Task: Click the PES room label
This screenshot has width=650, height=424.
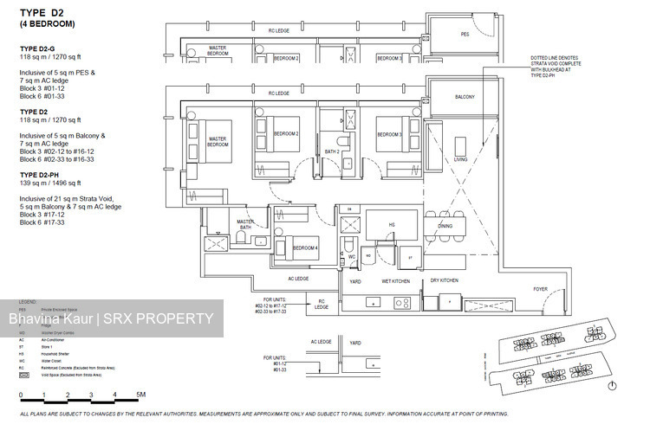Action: pyautogui.click(x=465, y=35)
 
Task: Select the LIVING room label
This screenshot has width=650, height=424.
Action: pyautogui.click(x=460, y=160)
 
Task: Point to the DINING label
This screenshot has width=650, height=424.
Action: pyautogui.click(x=445, y=226)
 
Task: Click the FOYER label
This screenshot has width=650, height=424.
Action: pyautogui.click(x=540, y=291)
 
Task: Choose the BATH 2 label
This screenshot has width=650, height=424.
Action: pyautogui.click(x=331, y=151)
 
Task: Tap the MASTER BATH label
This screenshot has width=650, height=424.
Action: pyautogui.click(x=245, y=225)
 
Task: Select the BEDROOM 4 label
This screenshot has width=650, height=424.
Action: pyautogui.click(x=304, y=248)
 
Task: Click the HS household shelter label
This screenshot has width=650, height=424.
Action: pyautogui.click(x=392, y=225)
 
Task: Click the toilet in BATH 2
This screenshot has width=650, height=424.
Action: pyautogui.click(x=343, y=140)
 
